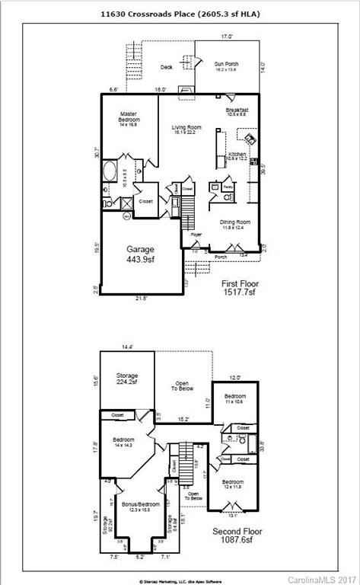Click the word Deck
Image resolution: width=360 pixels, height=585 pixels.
click(x=167, y=67)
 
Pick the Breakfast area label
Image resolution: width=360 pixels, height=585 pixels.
click(x=237, y=112)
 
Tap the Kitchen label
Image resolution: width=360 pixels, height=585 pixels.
click(x=237, y=157)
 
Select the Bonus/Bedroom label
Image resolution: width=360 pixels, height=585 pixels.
click(x=143, y=506)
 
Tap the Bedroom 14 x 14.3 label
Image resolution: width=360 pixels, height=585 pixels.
click(x=123, y=443)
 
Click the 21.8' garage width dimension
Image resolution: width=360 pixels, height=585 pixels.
click(x=141, y=298)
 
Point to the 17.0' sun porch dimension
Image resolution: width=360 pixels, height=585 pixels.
click(x=226, y=37)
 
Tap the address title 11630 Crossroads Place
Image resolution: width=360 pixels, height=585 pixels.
click(x=180, y=13)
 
